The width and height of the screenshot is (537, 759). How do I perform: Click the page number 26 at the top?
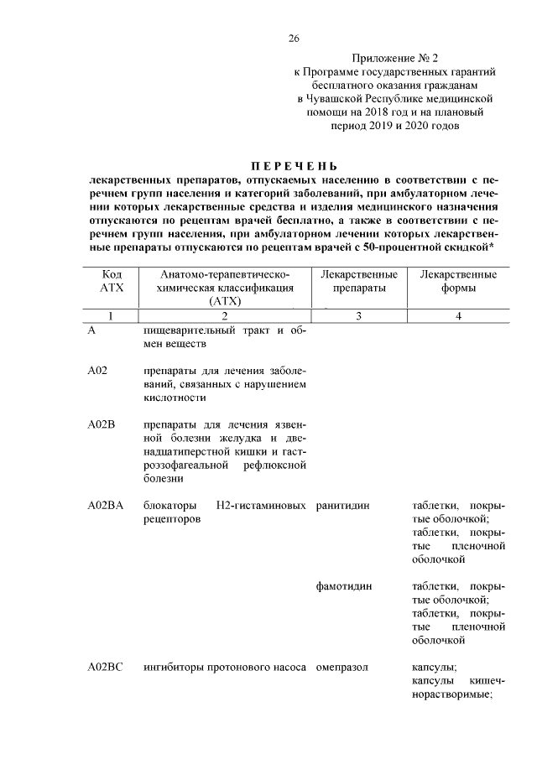(x=294, y=39)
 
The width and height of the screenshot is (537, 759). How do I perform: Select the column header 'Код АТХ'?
(x=112, y=281)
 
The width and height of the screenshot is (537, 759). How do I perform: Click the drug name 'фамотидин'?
(x=345, y=586)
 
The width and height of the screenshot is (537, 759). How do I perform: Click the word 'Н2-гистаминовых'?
(x=261, y=506)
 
